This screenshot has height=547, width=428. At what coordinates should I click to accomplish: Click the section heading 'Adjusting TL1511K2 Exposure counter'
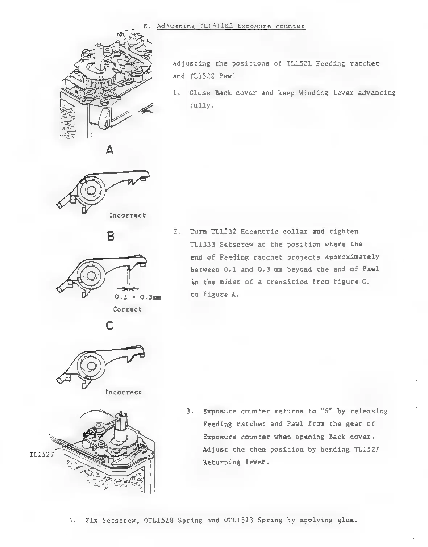coord(231,26)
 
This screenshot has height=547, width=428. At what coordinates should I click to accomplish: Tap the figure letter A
coord(110,150)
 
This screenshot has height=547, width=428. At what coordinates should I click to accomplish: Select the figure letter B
coord(111,237)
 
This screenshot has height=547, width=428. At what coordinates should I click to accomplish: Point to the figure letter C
coord(110,326)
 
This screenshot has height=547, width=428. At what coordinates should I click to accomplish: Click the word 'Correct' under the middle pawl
coord(127,309)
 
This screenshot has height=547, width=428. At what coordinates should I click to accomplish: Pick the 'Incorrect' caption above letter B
coord(128,215)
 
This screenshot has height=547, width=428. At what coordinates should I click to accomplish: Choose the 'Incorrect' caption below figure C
coord(124,392)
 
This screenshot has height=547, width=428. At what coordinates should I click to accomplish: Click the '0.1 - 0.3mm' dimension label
coord(137,297)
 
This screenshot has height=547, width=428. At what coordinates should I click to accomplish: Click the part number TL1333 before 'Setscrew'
coord(203,244)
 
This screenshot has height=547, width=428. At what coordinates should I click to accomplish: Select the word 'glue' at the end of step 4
coord(348,521)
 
